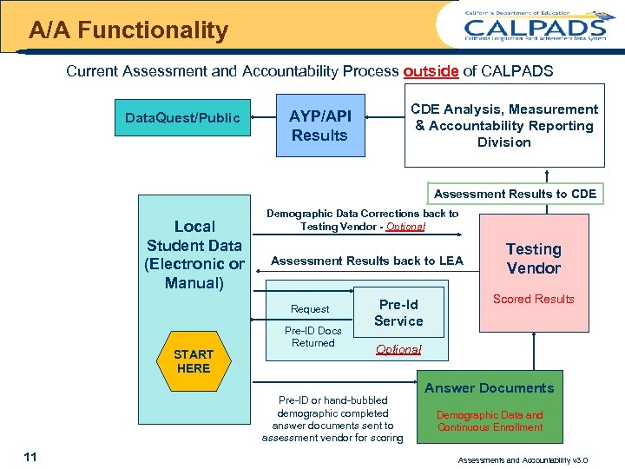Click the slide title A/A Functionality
pyautogui.click(x=128, y=31)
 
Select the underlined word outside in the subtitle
pyautogui.click(x=431, y=71)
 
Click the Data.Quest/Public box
pyautogui.click(x=182, y=117)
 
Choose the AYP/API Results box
pyautogui.click(x=319, y=126)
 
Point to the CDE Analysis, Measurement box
pyautogui.click(x=503, y=125)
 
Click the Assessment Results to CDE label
pyautogui.click(x=515, y=194)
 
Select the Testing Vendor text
pyautogui.click(x=533, y=259)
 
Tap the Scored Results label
pyautogui.click(x=533, y=299)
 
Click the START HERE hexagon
pyautogui.click(x=193, y=360)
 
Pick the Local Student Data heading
pyautogui.click(x=194, y=254)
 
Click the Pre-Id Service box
pyautogui.click(x=398, y=313)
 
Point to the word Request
pyautogui.click(x=310, y=309)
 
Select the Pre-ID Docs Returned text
pyautogui.click(x=313, y=337)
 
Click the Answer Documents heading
pyautogui.click(x=490, y=388)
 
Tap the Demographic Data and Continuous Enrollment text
pyautogui.click(x=490, y=421)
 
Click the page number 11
pyautogui.click(x=31, y=457)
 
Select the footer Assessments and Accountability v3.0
pyautogui.click(x=523, y=459)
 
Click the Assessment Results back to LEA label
pyautogui.click(x=367, y=261)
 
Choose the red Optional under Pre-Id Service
pyautogui.click(x=398, y=349)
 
